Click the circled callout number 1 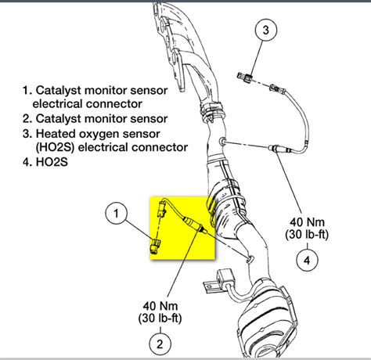pos(116,212)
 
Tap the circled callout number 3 pos(265,31)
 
